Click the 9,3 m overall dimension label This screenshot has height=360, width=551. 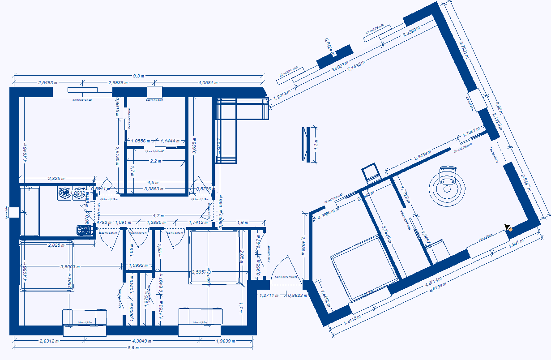click(138, 77)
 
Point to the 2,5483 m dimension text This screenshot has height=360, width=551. click(48, 82)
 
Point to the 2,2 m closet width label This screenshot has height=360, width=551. click(155, 161)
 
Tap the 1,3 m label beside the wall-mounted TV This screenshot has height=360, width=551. click(316, 144)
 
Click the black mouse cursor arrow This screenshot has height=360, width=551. click(507, 227)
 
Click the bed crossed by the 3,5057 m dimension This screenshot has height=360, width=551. click(214, 257)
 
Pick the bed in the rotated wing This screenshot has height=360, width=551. click(363, 268)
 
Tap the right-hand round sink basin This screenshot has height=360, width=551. click(79, 193)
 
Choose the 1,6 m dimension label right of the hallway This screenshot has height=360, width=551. click(242, 222)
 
